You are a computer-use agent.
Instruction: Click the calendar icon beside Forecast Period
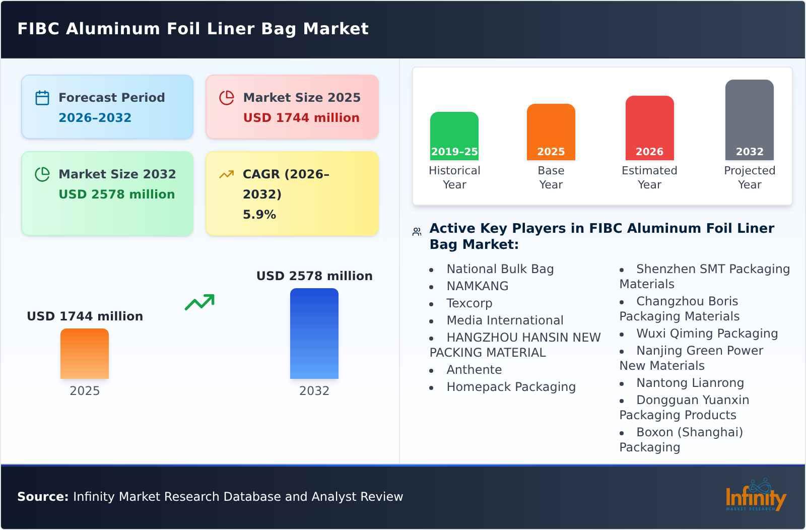(42, 98)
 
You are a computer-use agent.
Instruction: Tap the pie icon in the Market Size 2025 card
(227, 98)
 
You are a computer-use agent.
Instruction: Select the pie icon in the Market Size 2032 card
(42, 174)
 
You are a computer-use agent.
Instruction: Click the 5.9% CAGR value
(259, 215)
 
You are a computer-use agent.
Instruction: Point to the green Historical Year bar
(454, 136)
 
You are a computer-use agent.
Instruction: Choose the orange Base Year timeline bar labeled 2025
(551, 131)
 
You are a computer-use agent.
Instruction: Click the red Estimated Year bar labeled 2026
(649, 127)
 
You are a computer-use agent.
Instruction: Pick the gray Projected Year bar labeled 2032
(749, 119)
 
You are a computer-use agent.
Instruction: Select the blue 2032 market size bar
(314, 333)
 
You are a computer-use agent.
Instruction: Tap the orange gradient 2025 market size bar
(85, 353)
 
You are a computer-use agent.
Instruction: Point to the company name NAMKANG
(477, 286)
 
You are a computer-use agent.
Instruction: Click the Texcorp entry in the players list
(469, 303)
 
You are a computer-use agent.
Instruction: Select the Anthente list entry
(474, 370)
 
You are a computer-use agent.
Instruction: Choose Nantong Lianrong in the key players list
(690, 383)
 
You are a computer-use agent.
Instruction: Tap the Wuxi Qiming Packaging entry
(707, 334)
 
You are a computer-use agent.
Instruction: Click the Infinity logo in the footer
(756, 496)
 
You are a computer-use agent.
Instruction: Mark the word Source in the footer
(43, 497)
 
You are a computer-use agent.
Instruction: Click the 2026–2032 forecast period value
(95, 118)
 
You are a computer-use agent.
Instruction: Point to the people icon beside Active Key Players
(417, 232)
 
